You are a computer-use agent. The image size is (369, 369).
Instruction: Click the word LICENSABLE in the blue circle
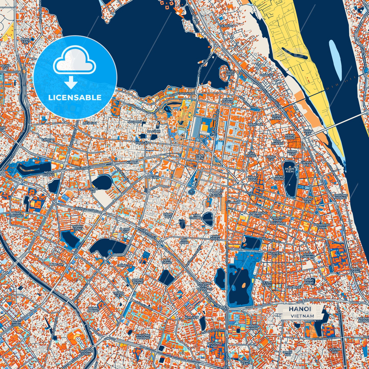click(75, 98)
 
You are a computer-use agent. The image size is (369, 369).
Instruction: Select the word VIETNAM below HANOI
click(302, 316)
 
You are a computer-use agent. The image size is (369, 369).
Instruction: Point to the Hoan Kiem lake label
click(289, 170)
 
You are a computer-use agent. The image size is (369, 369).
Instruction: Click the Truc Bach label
click(230, 73)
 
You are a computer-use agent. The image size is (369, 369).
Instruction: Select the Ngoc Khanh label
click(49, 174)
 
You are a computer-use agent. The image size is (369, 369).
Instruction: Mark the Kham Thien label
click(215, 237)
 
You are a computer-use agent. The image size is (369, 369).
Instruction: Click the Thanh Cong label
click(77, 228)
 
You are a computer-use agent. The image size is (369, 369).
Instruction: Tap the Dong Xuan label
click(277, 117)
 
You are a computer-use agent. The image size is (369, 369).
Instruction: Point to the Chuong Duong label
click(340, 197)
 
